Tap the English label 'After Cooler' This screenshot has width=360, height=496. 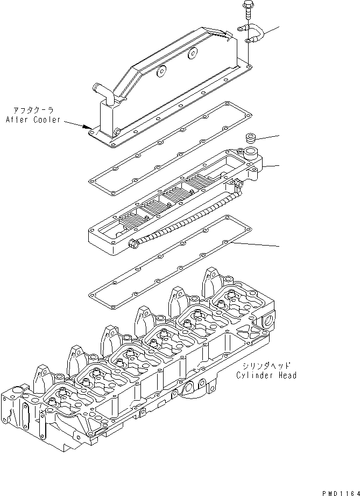[x=33, y=119]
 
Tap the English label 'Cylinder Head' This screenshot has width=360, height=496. [x=266, y=375]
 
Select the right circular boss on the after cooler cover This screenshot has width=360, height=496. [x=192, y=53]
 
